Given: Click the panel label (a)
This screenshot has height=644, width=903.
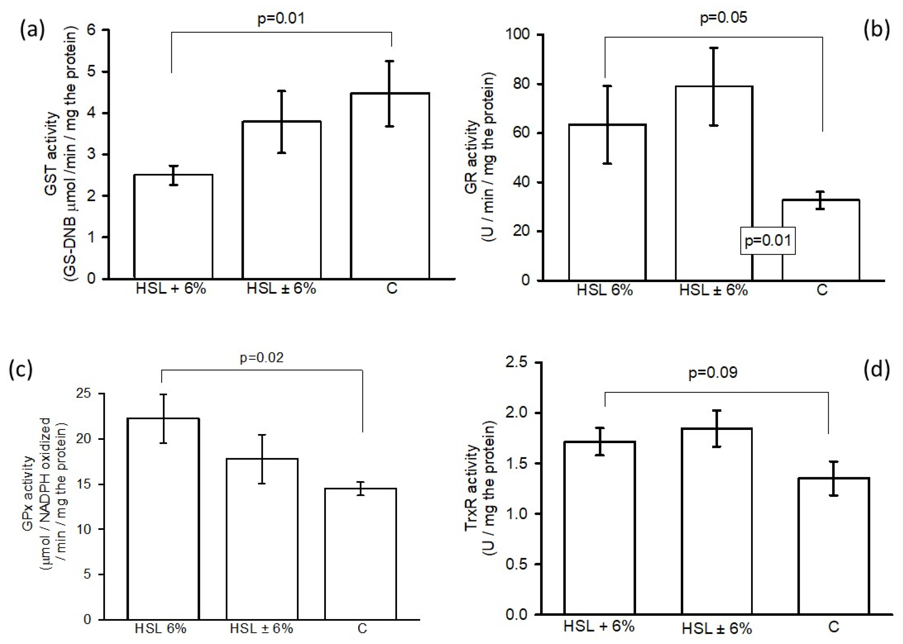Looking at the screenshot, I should point(33,30).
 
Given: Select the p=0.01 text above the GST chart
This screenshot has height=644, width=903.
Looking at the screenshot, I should point(281,19).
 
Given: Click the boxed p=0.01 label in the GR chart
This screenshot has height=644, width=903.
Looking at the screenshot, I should point(768,241).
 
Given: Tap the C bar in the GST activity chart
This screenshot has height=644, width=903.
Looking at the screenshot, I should point(390,186).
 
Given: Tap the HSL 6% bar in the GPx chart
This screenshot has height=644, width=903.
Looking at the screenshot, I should point(163,520).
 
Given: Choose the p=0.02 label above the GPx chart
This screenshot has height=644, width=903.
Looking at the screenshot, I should point(262,358).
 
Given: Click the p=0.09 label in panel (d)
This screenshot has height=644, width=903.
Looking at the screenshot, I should point(713,372).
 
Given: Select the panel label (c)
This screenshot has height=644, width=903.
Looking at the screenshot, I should point(21,370).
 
